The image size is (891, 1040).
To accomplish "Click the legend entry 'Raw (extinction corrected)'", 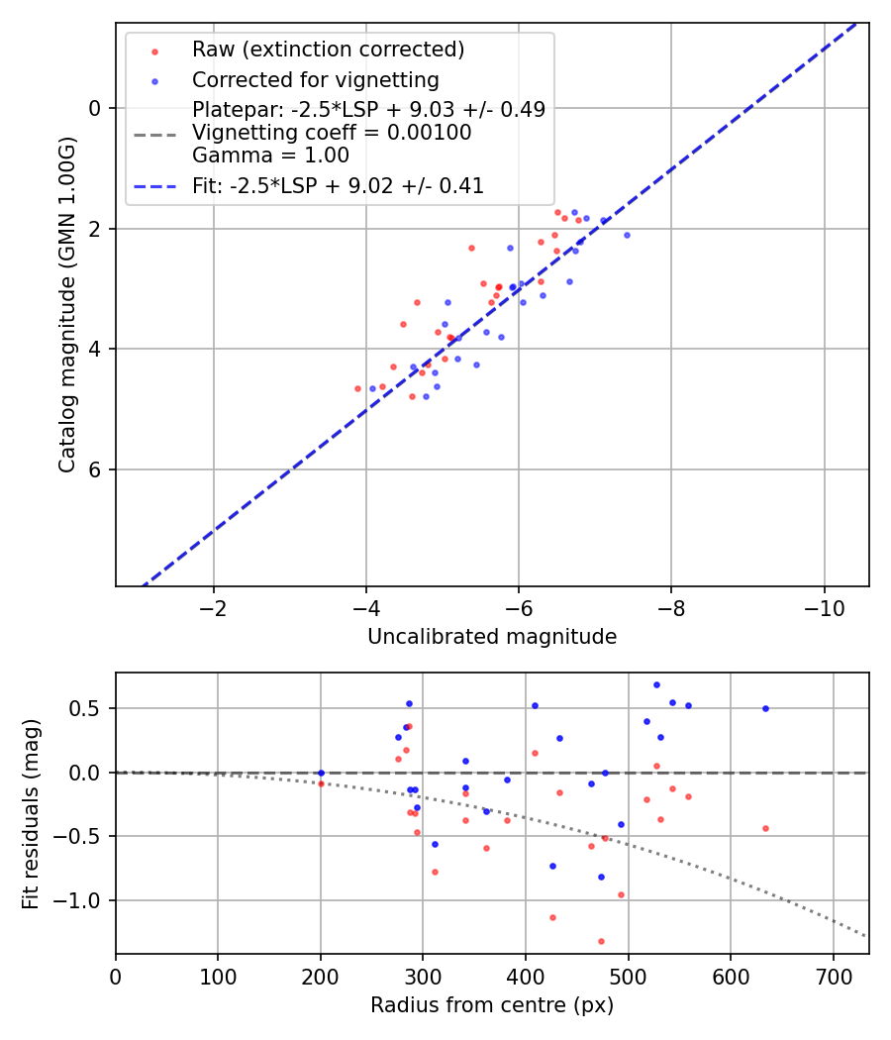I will tap(328, 50).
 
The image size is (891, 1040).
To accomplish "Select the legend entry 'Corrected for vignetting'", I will tap(316, 79).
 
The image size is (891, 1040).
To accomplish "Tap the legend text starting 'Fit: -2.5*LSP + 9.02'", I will tap(338, 185).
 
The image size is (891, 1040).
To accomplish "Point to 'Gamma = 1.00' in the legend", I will tap(270, 156).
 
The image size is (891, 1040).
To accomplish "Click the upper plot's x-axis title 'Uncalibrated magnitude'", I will tap(492, 637).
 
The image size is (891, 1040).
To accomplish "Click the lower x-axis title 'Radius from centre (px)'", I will tap(492, 1005).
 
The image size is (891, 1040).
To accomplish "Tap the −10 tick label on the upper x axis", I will tap(824, 609).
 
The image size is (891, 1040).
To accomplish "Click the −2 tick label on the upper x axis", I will tap(213, 609).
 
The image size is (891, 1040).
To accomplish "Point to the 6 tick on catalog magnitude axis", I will tap(96, 469).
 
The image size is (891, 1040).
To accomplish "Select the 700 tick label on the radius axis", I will tap(833, 977).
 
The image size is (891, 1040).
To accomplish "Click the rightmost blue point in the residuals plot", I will tap(765, 708).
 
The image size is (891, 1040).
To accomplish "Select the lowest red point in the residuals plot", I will tap(601, 941).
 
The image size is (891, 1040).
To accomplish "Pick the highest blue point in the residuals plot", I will tap(656, 684).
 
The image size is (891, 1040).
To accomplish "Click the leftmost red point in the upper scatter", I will tap(357, 388).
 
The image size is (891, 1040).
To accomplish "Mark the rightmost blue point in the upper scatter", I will tap(627, 235).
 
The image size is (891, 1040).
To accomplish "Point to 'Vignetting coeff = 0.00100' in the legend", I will tap(332, 133).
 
